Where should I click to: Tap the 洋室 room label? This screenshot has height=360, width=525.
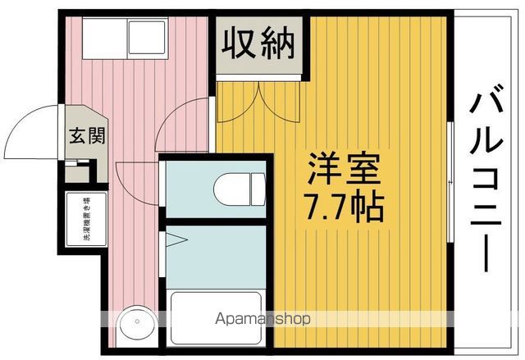(x=345, y=170)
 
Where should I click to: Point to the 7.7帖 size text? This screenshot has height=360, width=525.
(x=344, y=207)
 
